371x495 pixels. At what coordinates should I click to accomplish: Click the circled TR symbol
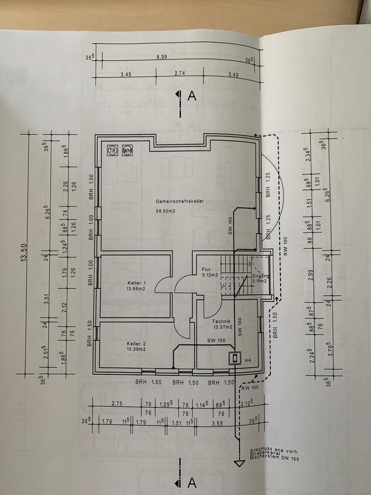[112, 151]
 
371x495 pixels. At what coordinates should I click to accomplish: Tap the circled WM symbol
[126, 151]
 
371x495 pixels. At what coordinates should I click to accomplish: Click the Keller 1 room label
[137, 283]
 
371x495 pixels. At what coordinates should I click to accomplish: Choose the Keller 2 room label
[137, 343]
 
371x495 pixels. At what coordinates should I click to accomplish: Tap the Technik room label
[223, 320]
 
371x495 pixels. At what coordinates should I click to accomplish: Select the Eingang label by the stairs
[260, 276]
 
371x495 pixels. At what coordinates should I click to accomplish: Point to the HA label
[248, 360]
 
